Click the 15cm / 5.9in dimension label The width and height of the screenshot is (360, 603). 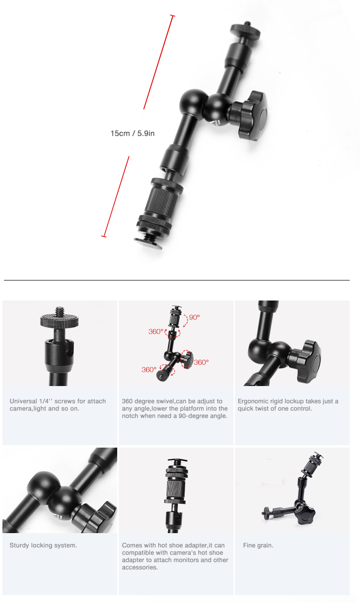tap(132, 133)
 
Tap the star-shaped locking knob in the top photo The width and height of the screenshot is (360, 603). tap(250, 115)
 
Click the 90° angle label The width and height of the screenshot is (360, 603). tap(194, 317)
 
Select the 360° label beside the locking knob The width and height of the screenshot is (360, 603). tap(201, 363)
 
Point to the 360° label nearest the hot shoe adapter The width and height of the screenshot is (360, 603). tap(156, 331)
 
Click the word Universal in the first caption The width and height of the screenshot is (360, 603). tap(23, 401)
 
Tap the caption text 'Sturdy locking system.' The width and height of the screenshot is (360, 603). tap(43, 545)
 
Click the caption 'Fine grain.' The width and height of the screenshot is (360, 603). tap(258, 545)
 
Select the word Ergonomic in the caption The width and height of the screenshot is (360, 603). tap(253, 401)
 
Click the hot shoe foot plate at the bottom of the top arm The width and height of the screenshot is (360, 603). tap(148, 244)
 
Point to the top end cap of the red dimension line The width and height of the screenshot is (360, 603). tap(172, 16)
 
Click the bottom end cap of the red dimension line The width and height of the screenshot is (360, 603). tap(104, 237)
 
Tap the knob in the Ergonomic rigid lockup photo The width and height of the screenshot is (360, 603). tap(309, 361)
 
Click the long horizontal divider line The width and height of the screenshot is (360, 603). tap(177, 280)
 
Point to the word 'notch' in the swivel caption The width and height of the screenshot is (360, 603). tap(130, 416)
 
